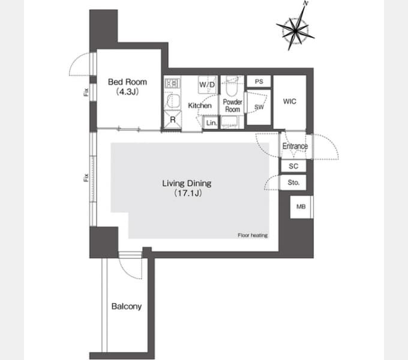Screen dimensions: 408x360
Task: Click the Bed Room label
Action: pos(127,82)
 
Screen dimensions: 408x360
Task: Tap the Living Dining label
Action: pos(187,184)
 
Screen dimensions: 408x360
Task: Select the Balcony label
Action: pos(127,307)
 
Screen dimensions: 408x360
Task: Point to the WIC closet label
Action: pos(290,101)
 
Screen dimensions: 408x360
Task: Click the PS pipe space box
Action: pos(259,82)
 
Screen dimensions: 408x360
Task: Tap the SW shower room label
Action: pos(259,107)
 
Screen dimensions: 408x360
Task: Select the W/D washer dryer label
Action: pos(208,84)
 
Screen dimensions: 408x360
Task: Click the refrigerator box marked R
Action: pos(173,119)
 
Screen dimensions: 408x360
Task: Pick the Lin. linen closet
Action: pos(211,122)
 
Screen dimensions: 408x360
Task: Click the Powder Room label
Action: pos(233,106)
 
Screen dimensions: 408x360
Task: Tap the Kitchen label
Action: pos(200,106)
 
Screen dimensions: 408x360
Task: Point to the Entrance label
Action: pos(295,146)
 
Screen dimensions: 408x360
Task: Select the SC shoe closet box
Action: pos(293,166)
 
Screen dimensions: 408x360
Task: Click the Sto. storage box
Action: pos(293,182)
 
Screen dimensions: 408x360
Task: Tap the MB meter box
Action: pos(301,207)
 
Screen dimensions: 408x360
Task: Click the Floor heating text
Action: pos(253,235)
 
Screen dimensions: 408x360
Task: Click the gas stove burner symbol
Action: pos(172,83)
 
